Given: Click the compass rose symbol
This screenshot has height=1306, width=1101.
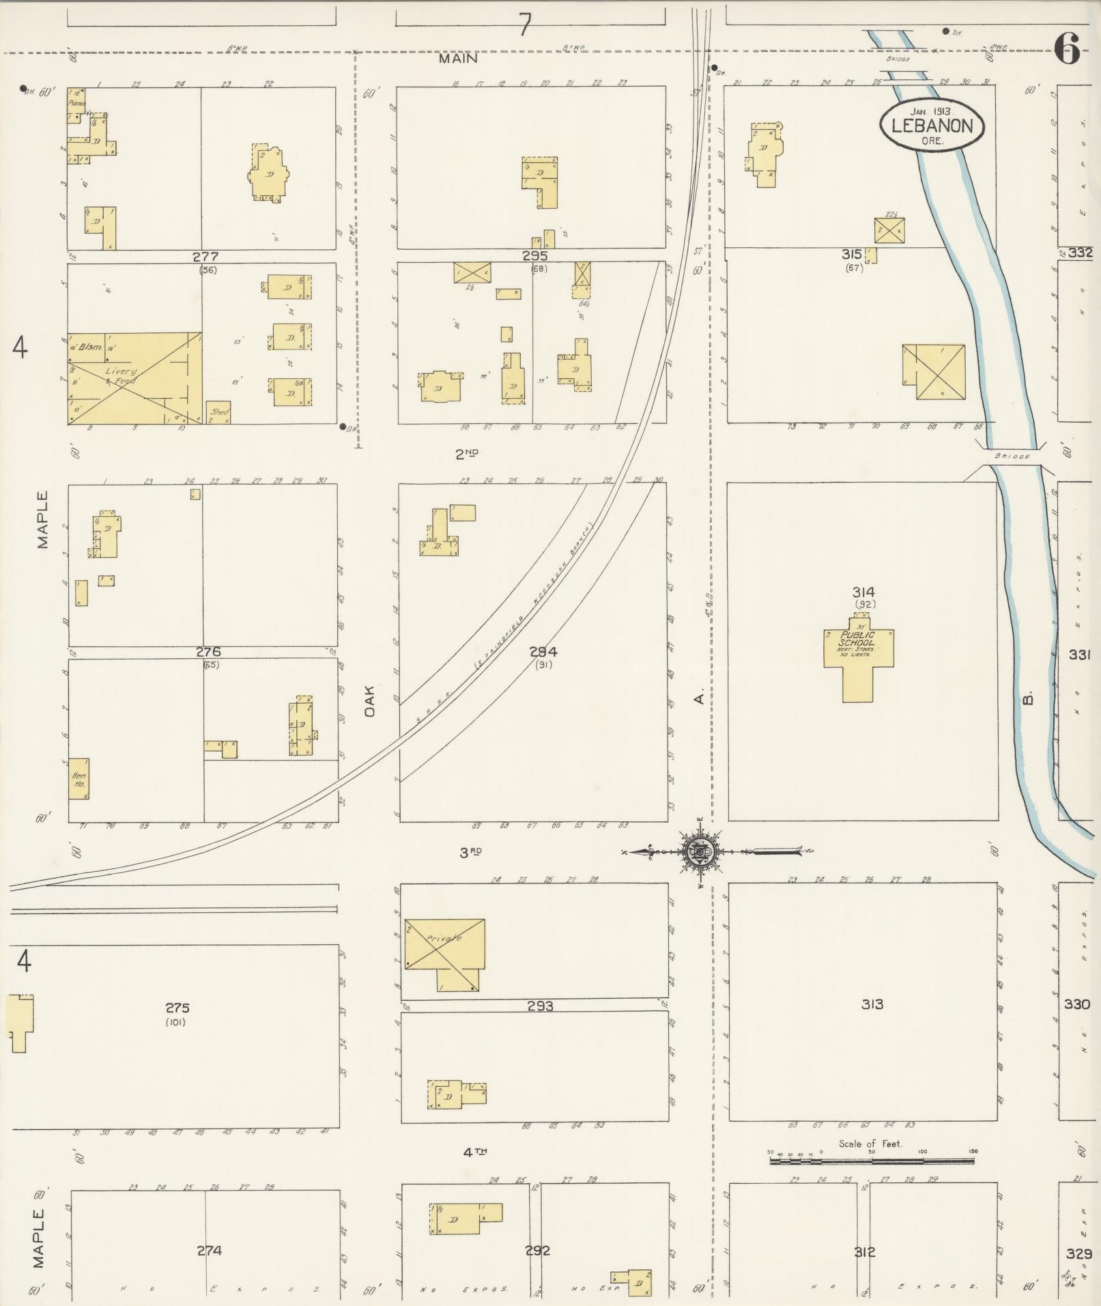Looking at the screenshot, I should coord(704,851).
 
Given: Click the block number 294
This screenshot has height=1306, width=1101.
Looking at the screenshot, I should coord(543,652).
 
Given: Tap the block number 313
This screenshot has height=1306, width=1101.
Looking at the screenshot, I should coord(872,1004).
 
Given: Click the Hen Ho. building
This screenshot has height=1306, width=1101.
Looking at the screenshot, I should coord(78,779).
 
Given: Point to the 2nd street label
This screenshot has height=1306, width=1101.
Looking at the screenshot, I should coord(467,453).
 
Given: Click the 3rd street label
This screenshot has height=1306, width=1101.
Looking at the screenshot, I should coord(470,852).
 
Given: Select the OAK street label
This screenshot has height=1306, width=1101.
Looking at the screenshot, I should coord(370,701).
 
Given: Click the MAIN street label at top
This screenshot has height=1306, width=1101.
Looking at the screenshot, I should coord(457,59).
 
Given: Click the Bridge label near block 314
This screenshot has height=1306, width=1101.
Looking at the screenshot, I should coord(1012,456).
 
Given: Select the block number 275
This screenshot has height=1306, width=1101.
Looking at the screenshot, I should coord(177,1008).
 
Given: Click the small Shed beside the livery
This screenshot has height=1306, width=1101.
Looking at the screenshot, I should coord(218,412).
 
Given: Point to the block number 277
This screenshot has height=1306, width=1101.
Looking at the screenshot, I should coord(205,257).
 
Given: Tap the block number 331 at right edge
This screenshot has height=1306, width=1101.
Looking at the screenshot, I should coord(1079,655).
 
